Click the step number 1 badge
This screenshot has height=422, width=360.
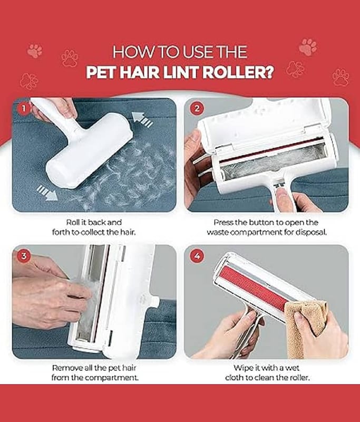pyautogui.click(x=24, y=109)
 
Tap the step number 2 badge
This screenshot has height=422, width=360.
pyautogui.click(x=197, y=109)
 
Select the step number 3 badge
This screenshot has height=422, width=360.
pyautogui.click(x=24, y=255)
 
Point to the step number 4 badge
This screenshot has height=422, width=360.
pyautogui.click(x=197, y=255)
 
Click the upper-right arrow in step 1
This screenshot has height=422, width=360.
pyautogui.click(x=142, y=120)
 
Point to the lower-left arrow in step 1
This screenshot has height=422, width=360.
pyautogui.click(x=47, y=193)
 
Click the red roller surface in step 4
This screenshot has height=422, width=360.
pyautogui.click(x=254, y=290)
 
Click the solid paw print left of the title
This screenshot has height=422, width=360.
pyautogui.click(x=35, y=51)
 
